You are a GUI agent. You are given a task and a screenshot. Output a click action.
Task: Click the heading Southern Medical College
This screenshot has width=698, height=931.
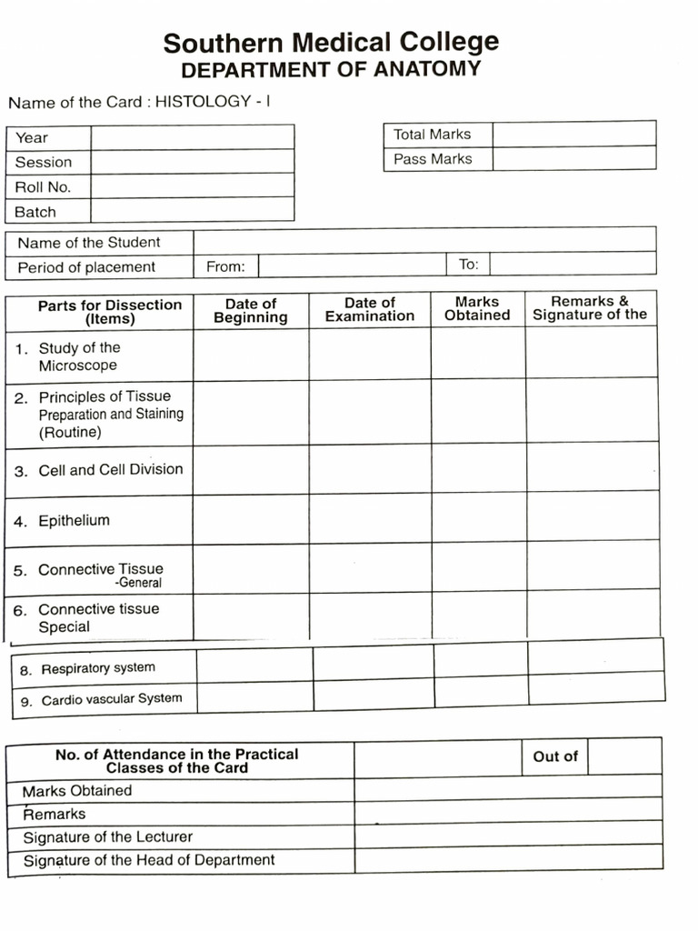click(x=331, y=43)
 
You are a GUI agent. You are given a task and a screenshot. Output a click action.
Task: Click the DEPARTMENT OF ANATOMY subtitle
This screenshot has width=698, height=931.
click(x=331, y=70)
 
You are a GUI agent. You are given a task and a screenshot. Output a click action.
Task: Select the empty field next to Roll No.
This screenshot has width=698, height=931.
click(x=192, y=185)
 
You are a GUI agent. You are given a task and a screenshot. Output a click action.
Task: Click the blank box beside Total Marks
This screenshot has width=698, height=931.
click(x=573, y=134)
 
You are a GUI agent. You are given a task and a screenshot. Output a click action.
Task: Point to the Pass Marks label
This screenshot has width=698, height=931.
click(x=433, y=159)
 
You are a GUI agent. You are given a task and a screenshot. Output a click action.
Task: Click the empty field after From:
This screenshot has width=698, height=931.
click(x=353, y=265)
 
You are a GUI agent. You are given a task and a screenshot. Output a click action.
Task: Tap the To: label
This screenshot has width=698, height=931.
click(x=468, y=265)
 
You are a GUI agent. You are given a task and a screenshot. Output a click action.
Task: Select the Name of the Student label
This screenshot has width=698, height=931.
click(x=88, y=243)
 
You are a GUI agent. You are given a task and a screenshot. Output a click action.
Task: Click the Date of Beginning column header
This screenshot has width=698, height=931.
click(x=250, y=310)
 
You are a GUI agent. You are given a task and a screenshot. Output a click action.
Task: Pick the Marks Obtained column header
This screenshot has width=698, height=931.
click(x=477, y=309)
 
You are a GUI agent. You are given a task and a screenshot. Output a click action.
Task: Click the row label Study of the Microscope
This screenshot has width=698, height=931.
click(x=79, y=356)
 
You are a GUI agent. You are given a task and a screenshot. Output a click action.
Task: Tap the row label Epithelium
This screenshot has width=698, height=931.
click(x=74, y=521)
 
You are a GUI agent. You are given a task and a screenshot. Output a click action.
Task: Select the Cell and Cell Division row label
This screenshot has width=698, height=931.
click(x=110, y=470)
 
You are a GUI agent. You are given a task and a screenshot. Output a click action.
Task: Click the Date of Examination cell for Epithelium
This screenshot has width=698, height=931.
click(x=370, y=518)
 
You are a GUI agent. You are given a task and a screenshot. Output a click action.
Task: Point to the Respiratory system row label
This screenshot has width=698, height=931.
click(x=98, y=668)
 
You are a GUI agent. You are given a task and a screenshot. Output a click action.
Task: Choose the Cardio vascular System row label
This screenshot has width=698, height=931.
click(x=111, y=699)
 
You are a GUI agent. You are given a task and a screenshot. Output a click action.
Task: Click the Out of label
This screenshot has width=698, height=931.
click(x=554, y=756)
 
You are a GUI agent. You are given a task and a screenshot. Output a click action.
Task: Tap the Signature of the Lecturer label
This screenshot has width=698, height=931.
click(x=107, y=836)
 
